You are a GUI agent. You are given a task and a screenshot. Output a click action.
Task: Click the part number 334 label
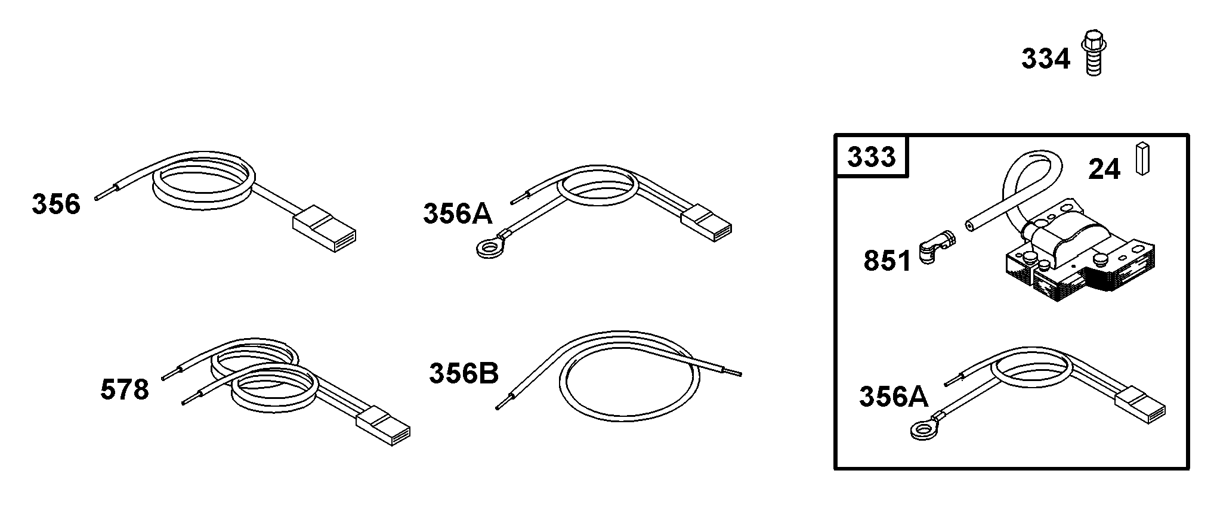click(1046, 59)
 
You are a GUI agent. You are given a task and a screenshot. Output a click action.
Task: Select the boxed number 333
click(872, 157)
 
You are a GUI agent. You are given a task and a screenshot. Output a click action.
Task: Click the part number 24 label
click(1104, 169)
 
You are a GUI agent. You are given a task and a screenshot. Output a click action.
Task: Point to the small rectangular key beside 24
click(1142, 159)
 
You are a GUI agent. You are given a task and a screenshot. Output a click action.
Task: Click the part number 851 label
click(887, 261)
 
